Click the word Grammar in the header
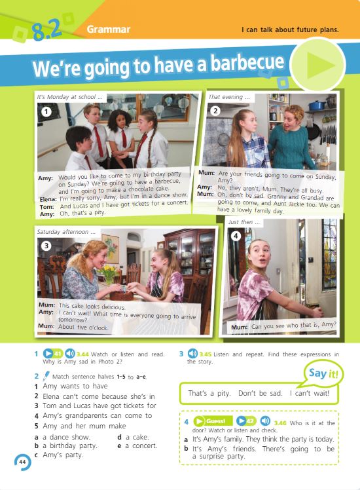[109, 29]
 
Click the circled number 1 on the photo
[46, 111]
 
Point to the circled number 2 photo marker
[215, 111]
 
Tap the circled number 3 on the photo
[46, 246]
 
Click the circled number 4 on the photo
[236, 236]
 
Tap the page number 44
[22, 462]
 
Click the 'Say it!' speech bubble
[323, 374]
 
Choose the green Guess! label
[213, 421]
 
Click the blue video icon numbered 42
[246, 421]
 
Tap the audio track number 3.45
[206, 354]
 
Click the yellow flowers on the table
[109, 272]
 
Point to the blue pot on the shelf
[317, 105]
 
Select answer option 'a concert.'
[141, 445]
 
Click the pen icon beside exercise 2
[46, 375]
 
